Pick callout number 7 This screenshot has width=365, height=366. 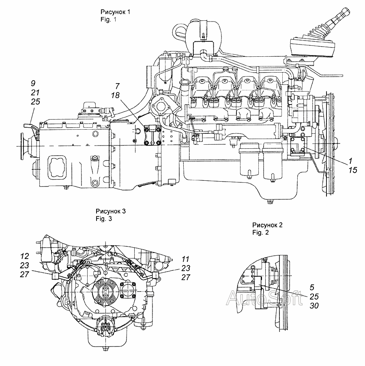coord(117,86)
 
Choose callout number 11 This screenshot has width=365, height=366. coord(185,258)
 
